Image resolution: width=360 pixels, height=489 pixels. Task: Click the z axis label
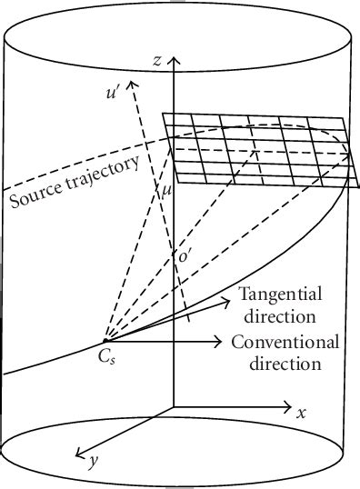click(157, 61)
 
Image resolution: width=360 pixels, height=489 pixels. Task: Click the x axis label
click(301, 412)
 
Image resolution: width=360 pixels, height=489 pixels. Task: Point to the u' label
click(115, 92)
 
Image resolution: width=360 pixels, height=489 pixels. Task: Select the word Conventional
click(285, 343)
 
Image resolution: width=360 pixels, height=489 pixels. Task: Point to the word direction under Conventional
click(276, 364)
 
